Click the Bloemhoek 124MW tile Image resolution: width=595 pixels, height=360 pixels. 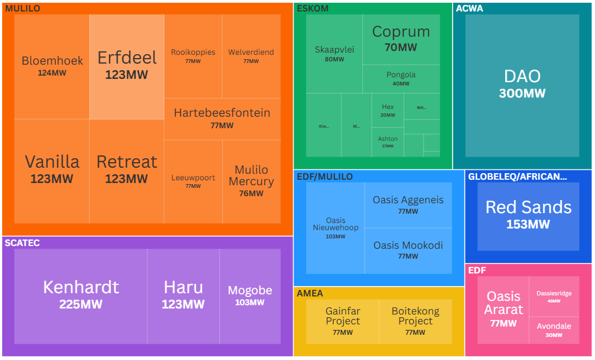pos(52,66)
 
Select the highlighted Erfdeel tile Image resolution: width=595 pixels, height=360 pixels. pos(127,66)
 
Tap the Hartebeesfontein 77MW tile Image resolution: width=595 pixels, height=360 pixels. pos(222,118)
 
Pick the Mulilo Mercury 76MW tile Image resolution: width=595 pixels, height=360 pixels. pos(251,181)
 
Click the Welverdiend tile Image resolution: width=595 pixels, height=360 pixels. pos(251,56)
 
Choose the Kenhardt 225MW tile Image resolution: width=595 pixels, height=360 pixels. pos(81,295)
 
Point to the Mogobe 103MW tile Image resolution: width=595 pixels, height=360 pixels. pos(250,295)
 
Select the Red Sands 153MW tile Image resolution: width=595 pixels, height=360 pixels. pos(528,215)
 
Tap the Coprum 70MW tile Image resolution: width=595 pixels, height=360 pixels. pos(401,38)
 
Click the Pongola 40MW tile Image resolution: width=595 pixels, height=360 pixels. pos(401,78)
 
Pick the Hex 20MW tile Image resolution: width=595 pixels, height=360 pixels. pos(388,110)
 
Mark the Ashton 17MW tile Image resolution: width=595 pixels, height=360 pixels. pos(388,142)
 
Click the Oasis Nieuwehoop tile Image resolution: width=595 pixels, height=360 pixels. pos(335,228)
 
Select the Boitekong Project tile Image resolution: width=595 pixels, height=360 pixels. pos(415,320)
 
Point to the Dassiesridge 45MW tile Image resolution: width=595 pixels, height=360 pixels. pos(554,296)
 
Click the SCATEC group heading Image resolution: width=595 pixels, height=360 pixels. pos(22,243)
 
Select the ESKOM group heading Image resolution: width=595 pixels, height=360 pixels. pos(313,8)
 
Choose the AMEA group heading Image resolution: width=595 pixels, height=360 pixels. pos(310,293)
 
